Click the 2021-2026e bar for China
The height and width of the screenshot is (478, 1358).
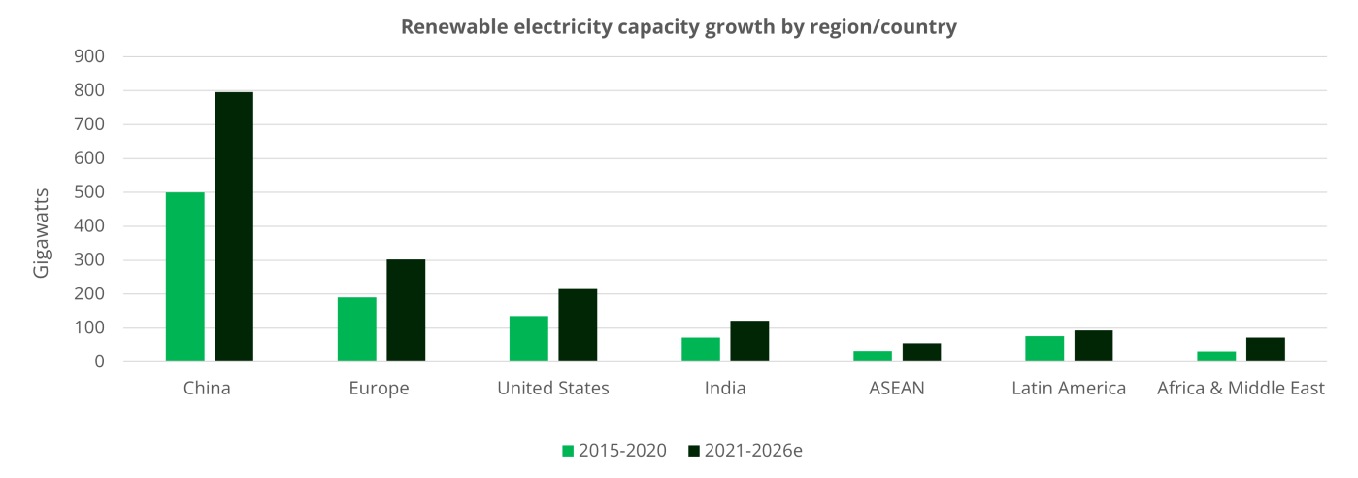coord(234,226)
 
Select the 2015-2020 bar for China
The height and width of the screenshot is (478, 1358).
coord(184,277)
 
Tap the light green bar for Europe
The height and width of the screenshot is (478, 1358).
coord(356,329)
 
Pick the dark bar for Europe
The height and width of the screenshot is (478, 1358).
coord(406,311)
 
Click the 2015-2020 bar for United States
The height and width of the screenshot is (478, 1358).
coord(528,339)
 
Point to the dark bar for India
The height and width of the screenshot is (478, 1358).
coord(749,341)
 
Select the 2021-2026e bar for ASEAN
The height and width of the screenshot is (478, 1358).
coord(921,352)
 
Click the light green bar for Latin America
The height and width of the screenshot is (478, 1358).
coord(1044,349)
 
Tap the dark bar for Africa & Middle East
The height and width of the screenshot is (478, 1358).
coord(1266,350)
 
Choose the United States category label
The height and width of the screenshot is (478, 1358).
coord(553,390)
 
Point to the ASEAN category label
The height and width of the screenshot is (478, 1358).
coord(897,390)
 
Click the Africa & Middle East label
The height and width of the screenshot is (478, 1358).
coord(1241,390)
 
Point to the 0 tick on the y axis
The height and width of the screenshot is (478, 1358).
coord(99,361)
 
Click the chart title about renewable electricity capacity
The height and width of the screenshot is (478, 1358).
coord(679,28)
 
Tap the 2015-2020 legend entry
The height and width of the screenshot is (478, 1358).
coord(614,451)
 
